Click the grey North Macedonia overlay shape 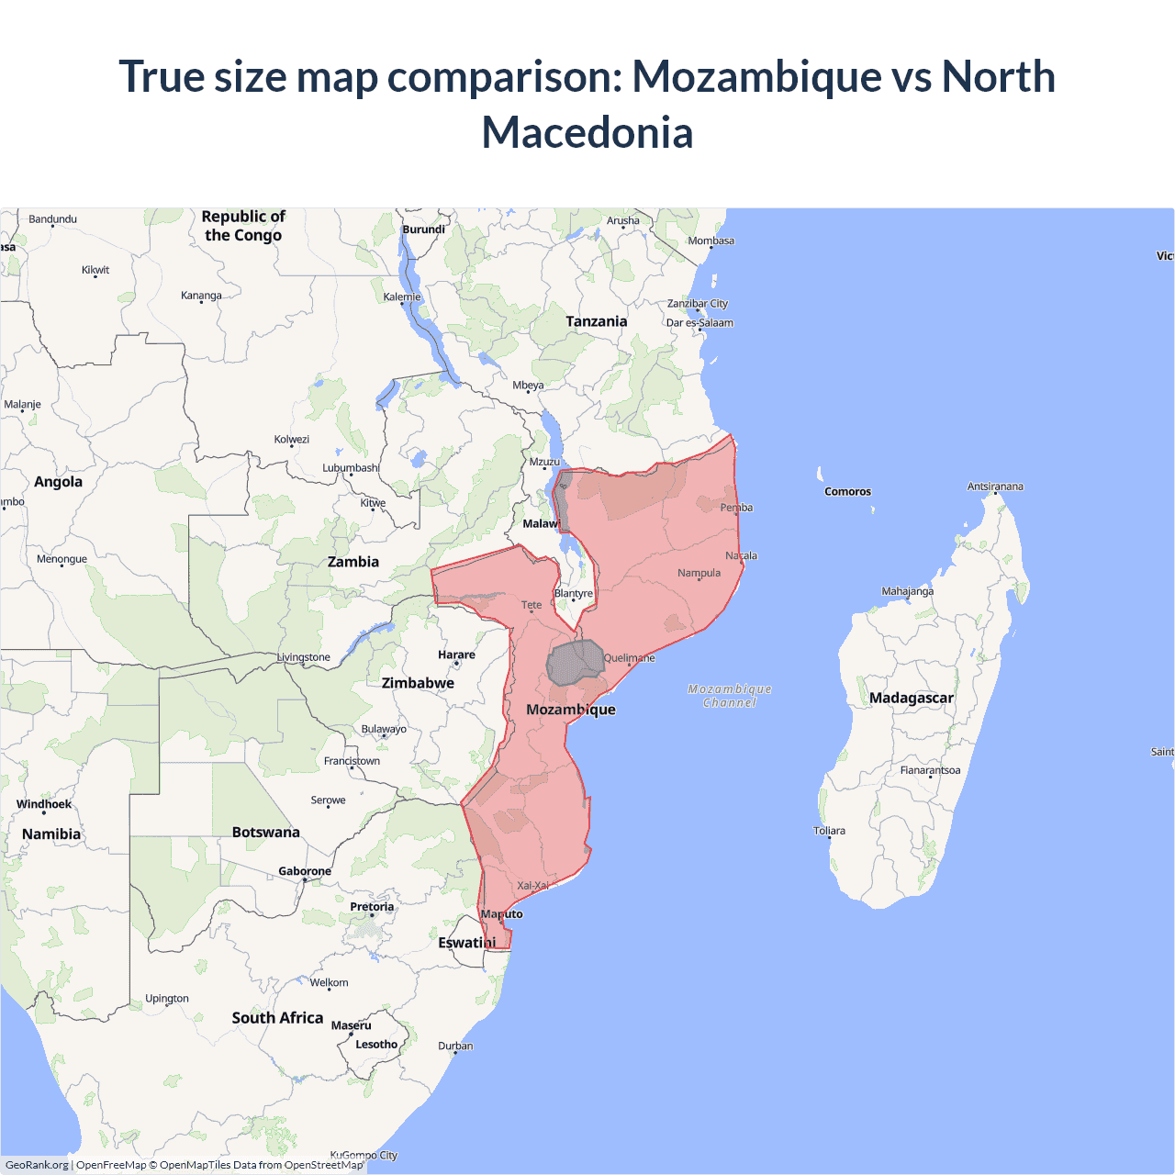(575, 663)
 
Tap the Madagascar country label (911, 698)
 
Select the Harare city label (456, 655)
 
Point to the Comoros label (847, 492)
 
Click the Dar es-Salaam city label (699, 323)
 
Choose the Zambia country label (353, 562)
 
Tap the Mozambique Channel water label (730, 696)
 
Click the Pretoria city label (372, 907)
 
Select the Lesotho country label (376, 1045)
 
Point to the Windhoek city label (44, 804)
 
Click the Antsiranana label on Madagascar (995, 487)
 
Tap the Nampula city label (699, 573)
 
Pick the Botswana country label (265, 833)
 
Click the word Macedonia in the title (587, 133)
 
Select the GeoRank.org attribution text (37, 1165)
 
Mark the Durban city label (455, 1046)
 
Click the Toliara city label (829, 831)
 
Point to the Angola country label (58, 482)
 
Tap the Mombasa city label (711, 241)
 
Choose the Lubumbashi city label (351, 468)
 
